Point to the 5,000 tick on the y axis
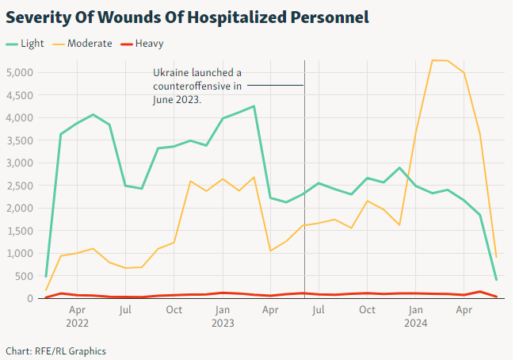point(18,73)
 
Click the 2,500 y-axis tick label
point(18,186)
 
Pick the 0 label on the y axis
point(29,299)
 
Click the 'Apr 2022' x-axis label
point(77,316)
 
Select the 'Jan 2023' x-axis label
point(223,316)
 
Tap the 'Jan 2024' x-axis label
point(416,316)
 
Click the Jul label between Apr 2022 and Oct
point(125,310)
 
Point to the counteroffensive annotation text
point(197,86)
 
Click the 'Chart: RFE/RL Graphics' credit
point(55,350)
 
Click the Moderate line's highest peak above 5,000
point(433,60)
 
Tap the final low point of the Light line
point(496,280)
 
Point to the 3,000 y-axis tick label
point(18,163)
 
